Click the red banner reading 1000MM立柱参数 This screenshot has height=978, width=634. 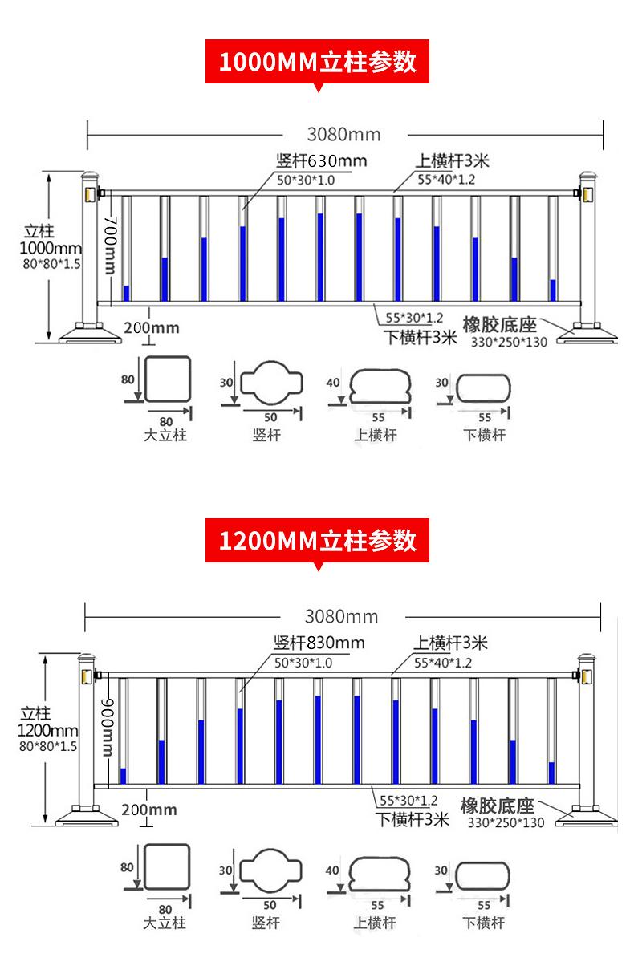click(x=318, y=61)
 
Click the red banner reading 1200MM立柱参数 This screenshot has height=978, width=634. click(x=318, y=540)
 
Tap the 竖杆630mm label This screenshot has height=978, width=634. click(x=321, y=160)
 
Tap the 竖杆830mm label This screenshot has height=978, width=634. click(x=319, y=643)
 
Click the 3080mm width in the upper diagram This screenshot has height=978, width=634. click(x=343, y=134)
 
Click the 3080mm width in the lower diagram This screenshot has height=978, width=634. click(x=341, y=616)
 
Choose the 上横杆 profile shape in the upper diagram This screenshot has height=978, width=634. click(x=380, y=389)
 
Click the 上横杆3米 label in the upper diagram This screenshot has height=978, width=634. click(x=452, y=160)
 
